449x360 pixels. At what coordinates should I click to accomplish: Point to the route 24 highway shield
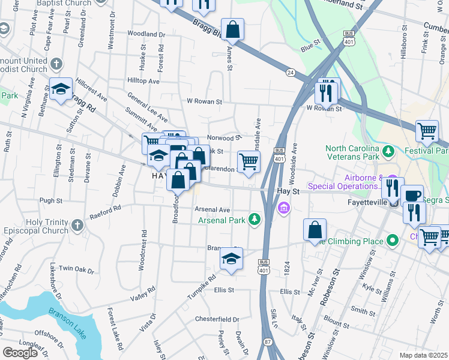[x=291, y=73]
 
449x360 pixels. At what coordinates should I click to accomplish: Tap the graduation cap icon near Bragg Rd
[x=60, y=89]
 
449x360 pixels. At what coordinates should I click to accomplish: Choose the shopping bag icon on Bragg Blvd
[x=232, y=28]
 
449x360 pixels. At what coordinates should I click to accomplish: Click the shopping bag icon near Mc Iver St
[x=315, y=229]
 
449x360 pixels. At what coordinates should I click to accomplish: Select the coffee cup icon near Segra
[x=412, y=194]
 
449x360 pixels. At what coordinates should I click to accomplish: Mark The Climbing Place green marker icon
[x=393, y=241]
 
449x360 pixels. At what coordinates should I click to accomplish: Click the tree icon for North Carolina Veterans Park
[x=388, y=149]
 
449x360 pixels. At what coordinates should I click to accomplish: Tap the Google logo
[x=20, y=353]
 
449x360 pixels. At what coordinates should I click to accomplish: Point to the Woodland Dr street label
[x=142, y=34]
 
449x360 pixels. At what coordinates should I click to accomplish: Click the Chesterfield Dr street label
[x=218, y=320]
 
